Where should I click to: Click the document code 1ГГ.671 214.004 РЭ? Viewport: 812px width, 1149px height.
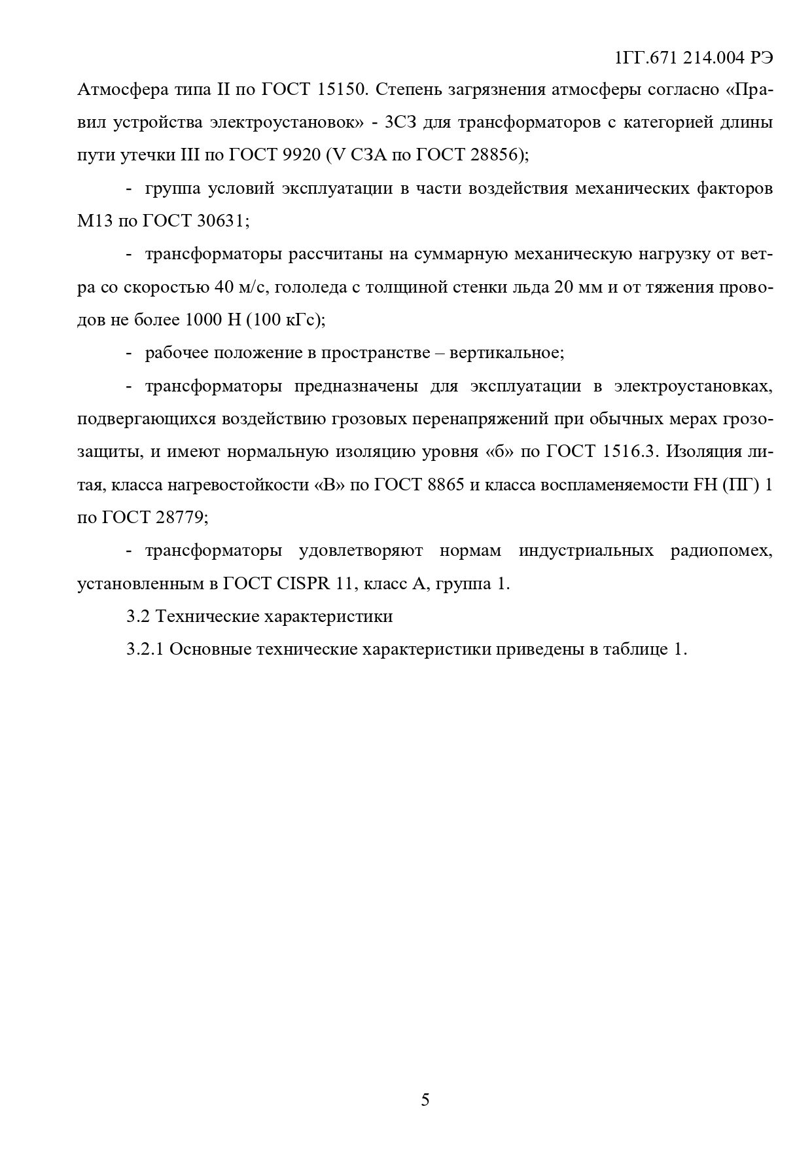694,58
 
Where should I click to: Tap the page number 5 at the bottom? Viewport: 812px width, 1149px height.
425,1099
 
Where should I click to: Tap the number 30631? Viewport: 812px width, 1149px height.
219,221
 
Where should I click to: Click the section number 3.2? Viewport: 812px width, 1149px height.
138,617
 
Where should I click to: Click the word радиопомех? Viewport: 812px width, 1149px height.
721,551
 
